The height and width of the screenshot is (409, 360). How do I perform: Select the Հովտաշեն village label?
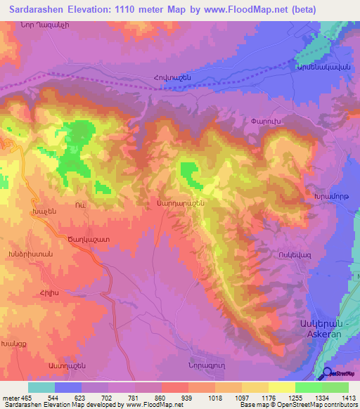click(x=167, y=76)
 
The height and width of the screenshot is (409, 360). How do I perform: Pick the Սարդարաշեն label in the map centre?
click(x=181, y=202)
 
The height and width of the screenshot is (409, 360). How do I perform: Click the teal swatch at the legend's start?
click(x=41, y=387)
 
